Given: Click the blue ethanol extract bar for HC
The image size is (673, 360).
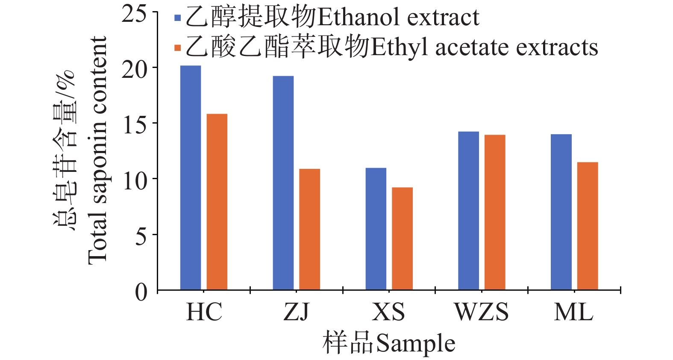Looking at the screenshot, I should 191,177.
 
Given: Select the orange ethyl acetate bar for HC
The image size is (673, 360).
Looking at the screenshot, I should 217,202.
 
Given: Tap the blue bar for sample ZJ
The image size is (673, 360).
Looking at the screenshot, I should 283,183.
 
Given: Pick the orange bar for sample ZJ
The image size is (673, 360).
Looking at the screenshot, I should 309,229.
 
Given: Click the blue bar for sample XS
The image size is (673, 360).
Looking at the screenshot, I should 376,229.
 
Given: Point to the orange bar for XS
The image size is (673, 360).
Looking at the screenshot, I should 402,239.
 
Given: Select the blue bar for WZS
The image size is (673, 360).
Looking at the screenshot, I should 468,211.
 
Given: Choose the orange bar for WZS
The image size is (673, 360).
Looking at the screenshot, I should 495,212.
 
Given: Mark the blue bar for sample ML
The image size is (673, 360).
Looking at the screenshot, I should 561,212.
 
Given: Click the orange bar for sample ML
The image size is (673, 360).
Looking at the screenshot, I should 588,226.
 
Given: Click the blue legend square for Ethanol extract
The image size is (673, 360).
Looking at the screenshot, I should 178,18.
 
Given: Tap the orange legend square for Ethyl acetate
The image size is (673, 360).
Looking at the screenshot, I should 178,48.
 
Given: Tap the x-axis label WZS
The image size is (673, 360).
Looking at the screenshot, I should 482,312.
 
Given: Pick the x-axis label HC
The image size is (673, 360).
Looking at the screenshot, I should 204,312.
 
